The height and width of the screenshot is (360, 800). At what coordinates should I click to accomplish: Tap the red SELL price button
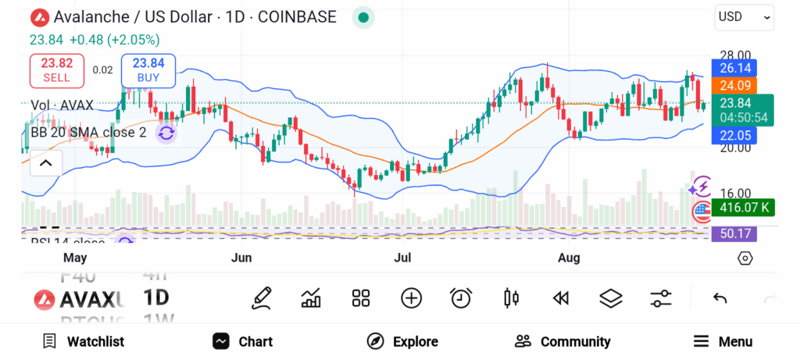(x=56, y=70)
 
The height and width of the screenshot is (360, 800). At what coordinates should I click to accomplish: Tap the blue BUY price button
(x=148, y=70)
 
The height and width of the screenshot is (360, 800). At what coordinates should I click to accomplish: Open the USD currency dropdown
(x=744, y=16)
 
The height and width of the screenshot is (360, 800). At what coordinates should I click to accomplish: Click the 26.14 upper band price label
(x=734, y=69)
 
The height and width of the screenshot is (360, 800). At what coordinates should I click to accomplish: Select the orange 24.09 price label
(x=734, y=86)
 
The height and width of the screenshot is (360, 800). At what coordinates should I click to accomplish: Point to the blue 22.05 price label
(x=734, y=136)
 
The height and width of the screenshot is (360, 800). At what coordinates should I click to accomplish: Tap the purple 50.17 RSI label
(x=734, y=233)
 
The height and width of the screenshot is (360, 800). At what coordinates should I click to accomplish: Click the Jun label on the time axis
(x=242, y=258)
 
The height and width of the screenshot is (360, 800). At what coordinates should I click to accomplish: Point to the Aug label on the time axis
(x=570, y=258)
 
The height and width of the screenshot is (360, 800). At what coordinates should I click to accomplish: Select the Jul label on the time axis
(x=402, y=258)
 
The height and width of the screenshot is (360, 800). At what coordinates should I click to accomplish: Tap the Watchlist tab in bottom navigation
(x=83, y=341)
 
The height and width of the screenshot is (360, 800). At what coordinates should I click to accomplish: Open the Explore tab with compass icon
(x=402, y=341)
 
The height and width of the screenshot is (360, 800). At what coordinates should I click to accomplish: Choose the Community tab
(x=562, y=341)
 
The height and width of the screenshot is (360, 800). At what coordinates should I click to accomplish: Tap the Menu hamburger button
(x=723, y=341)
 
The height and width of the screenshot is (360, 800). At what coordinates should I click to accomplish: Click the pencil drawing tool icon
(x=262, y=298)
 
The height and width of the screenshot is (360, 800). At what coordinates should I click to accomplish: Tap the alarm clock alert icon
(x=461, y=298)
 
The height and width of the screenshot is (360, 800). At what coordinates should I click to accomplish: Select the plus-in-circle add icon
(x=411, y=298)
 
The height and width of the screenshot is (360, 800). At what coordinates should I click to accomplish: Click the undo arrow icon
(x=720, y=298)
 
